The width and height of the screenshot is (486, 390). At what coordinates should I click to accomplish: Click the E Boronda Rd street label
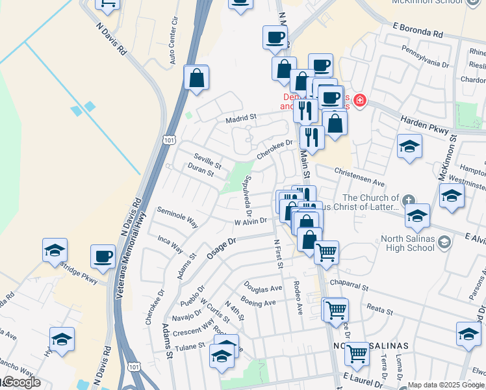pos(417,31)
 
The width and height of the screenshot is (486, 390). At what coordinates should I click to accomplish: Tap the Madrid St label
pos(242,118)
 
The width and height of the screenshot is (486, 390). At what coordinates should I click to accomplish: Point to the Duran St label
pos(200,170)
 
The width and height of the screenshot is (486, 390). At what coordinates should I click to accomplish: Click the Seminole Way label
pos(177,216)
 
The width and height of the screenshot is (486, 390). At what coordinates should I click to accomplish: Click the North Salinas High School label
pos(407,242)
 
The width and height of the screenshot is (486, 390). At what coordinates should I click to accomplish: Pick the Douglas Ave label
pos(263,287)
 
